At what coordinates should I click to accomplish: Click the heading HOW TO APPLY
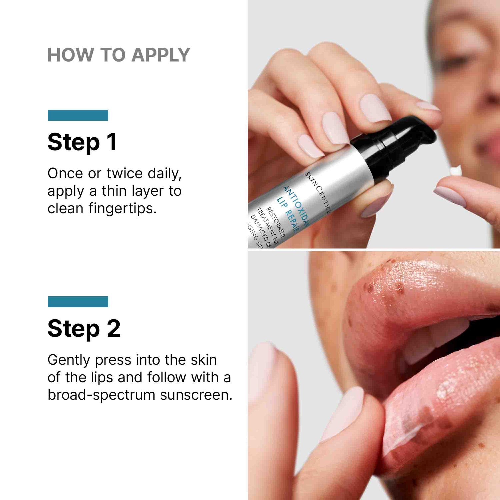118,55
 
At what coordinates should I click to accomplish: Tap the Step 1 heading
82,142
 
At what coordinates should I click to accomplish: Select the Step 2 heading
84,329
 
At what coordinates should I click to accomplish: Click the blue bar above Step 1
78,115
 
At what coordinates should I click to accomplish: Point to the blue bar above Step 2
78,302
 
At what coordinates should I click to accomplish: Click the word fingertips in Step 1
122,209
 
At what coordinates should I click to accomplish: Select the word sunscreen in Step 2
196,395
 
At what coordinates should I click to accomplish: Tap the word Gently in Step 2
69,360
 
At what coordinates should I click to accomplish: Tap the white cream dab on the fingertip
456,171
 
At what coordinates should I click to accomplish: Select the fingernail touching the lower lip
343,413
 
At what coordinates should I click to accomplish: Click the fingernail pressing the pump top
375,108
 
